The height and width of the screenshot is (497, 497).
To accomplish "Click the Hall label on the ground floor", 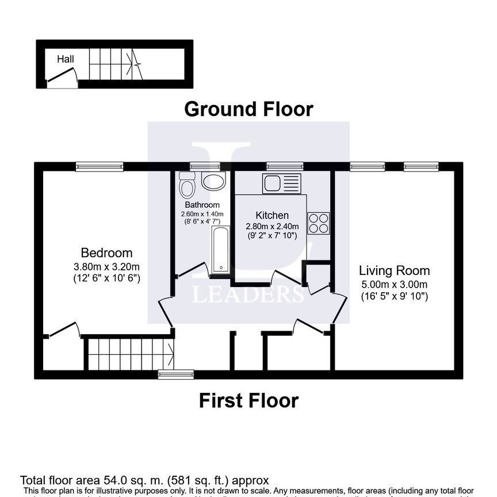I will pos(65,59).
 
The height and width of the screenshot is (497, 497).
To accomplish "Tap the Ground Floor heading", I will pos(248,109).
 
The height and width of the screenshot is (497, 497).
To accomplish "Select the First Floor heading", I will pos(248,400).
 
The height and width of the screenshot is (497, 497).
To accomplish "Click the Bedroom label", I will pos(106,253).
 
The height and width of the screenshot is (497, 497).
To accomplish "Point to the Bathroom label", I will pos(202,205).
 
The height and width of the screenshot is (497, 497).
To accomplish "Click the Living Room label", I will pos(394,270).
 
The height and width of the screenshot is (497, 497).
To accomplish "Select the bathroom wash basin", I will pos(213,181).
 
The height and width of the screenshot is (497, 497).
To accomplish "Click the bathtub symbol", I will pos(220,250).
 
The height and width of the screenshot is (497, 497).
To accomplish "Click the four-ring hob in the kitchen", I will pos(319,223).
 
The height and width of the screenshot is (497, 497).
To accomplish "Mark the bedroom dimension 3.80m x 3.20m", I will pos(106,266).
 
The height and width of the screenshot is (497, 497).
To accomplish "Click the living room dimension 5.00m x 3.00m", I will pos(394,285).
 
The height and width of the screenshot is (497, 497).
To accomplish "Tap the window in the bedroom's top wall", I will pos(100,167).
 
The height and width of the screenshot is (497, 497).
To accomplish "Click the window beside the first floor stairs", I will pos(176,374).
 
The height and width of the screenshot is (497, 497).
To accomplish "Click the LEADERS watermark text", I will pos(248,294).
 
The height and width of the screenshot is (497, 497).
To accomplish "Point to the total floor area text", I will pos(144,480).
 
